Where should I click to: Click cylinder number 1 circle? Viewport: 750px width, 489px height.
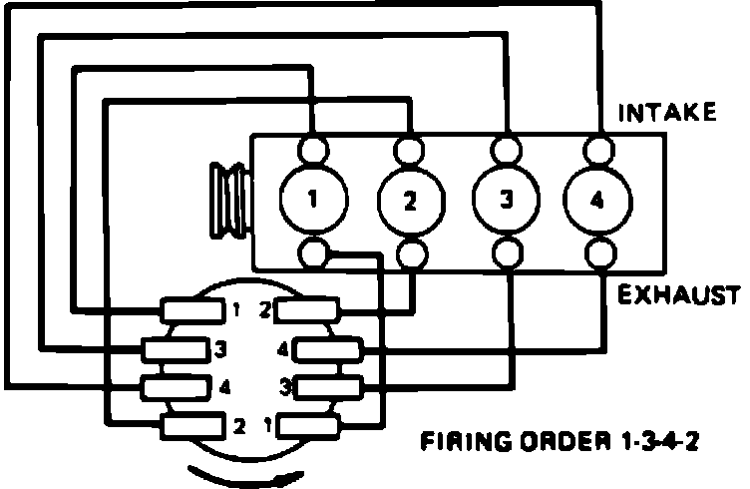click(311, 200)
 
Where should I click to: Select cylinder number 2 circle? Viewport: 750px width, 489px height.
click(409, 202)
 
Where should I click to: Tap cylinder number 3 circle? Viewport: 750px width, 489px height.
click(505, 200)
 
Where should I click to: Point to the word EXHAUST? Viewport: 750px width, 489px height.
click(678, 294)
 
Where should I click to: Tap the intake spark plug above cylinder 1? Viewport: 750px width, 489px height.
click(313, 151)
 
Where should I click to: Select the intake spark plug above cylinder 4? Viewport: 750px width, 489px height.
click(598, 150)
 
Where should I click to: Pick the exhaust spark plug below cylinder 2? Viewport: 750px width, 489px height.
click(410, 251)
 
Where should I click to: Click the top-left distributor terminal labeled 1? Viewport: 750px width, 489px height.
click(192, 310)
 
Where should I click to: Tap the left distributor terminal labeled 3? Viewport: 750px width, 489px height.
click(174, 349)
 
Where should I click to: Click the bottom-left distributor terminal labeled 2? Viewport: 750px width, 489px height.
click(192, 427)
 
